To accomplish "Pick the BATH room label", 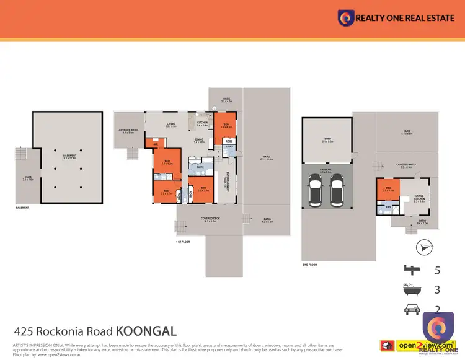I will pyautogui.click(x=200, y=167).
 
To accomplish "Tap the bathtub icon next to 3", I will pyautogui.click(x=409, y=289).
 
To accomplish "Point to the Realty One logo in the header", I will pyautogui.click(x=345, y=18).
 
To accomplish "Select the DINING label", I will pyautogui.click(x=200, y=141).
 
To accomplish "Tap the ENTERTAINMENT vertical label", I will pyautogui.click(x=226, y=182).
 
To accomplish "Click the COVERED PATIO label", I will pyautogui.click(x=407, y=165).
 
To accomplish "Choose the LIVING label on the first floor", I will pyautogui.click(x=171, y=125).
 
